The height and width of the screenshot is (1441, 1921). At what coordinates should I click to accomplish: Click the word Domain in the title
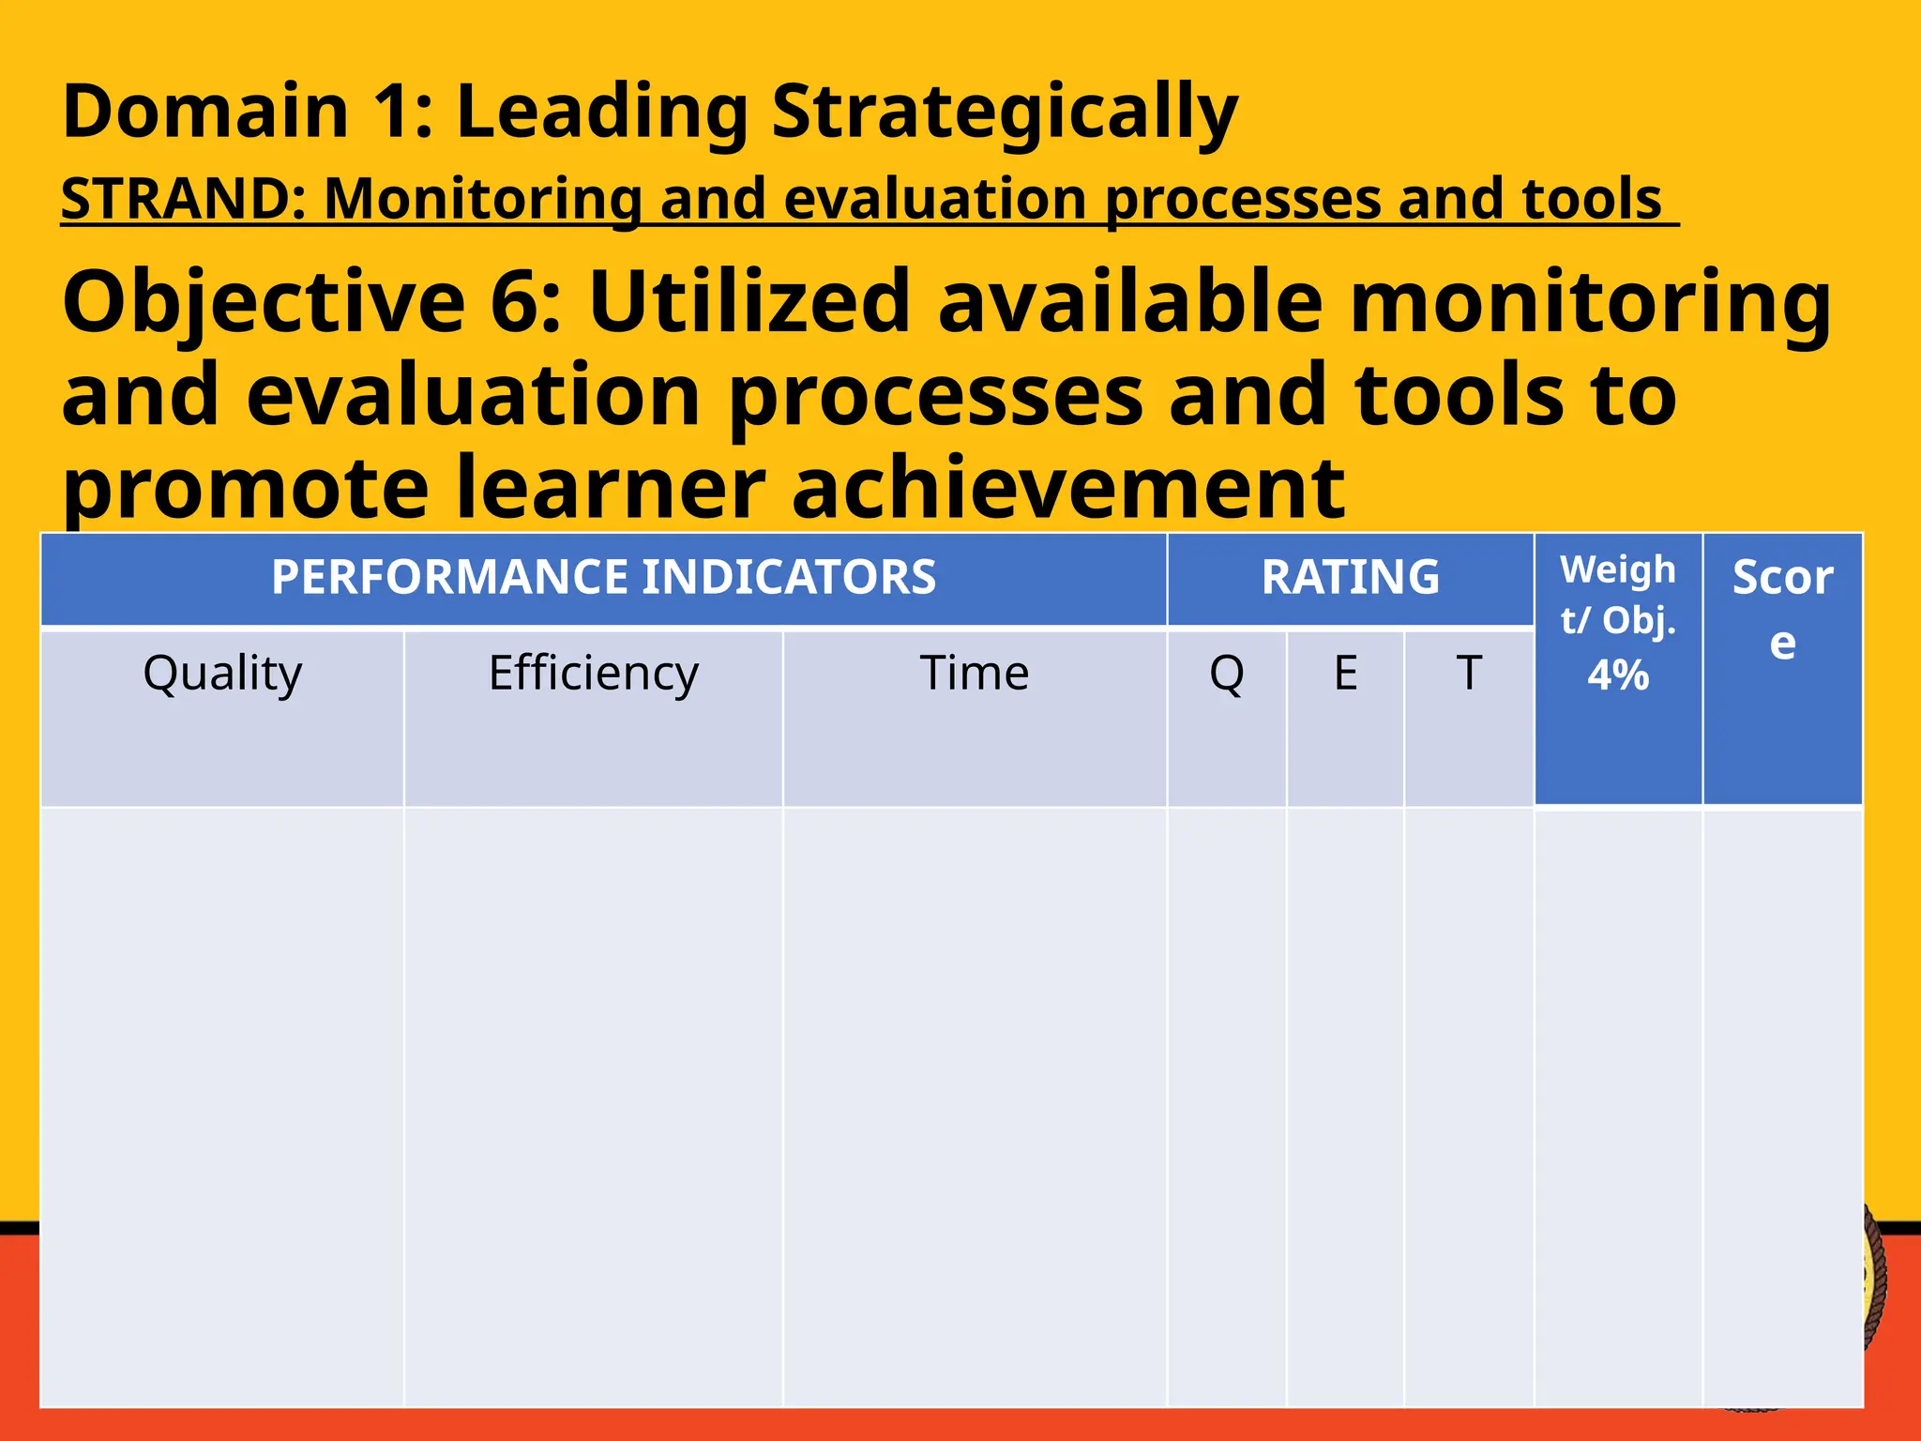pos(205,112)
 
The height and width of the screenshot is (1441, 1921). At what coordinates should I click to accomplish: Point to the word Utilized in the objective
pos(749,302)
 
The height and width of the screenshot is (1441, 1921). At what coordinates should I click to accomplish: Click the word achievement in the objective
pos(1068,487)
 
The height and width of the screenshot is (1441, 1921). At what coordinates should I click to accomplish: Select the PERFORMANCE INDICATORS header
pos(603,577)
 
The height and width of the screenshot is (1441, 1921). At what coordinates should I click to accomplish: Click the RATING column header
pos(1350,577)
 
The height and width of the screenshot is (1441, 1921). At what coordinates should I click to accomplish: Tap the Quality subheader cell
pos(222,674)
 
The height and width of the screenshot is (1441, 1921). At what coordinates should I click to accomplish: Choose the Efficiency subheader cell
pos(593,674)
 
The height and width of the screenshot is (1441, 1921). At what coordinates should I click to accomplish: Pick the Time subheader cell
pos(974,674)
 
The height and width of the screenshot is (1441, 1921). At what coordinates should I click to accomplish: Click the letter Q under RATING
pos(1226,674)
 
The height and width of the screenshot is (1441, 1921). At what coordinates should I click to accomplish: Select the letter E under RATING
pos(1345,674)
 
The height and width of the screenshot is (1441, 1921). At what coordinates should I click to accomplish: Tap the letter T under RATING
pos(1468,674)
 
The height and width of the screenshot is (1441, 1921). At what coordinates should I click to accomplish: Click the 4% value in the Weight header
pos(1617,675)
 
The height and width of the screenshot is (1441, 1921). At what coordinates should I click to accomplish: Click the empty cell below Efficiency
pos(593,1107)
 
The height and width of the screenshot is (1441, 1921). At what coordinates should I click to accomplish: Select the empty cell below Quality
pos(222,1107)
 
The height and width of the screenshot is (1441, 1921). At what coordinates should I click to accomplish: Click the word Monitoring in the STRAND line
pos(481,199)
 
